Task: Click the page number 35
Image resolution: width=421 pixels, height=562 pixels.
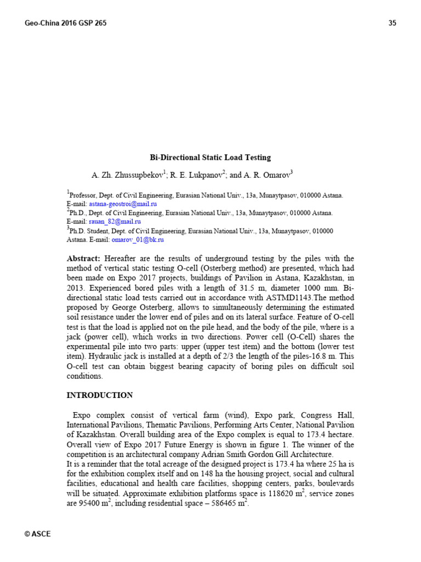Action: coord(392,23)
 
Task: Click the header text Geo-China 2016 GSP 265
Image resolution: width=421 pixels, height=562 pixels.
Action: coord(66,23)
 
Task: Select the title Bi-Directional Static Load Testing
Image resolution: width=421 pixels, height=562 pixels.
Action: coord(210,158)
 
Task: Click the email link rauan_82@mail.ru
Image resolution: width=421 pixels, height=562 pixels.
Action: coord(107,222)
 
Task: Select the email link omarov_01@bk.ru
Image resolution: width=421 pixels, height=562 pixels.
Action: coord(138,240)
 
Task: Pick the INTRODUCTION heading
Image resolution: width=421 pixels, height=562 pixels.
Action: coord(100,395)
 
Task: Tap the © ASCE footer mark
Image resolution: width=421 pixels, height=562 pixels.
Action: coord(38,534)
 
